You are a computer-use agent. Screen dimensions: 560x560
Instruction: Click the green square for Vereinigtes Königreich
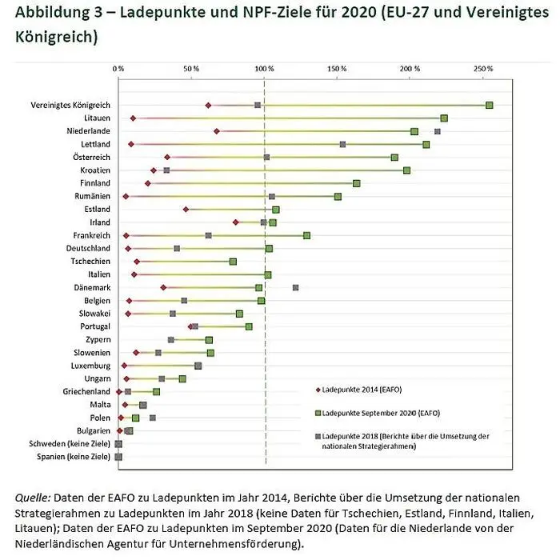[489, 105]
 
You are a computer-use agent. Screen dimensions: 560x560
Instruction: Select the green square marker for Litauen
[444, 118]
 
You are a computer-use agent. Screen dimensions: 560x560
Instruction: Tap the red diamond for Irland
[235, 222]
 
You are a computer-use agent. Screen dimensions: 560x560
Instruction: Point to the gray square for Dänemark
[296, 287]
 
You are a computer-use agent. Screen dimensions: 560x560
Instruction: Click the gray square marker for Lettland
[342, 144]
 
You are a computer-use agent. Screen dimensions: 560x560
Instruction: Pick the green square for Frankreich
[306, 235]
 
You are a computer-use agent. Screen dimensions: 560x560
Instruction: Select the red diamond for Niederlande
[217, 131]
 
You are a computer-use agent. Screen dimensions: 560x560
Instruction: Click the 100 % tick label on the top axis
[264, 70]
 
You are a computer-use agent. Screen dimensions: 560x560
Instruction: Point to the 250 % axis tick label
[483, 70]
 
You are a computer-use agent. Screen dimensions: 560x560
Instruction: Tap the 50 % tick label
[191, 70]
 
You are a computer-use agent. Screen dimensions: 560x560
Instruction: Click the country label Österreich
[90, 158]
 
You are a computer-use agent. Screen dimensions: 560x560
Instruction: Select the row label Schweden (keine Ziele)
[70, 444]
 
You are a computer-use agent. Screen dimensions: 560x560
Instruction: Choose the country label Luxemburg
[90, 366]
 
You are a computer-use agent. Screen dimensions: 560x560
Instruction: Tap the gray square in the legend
[318, 436]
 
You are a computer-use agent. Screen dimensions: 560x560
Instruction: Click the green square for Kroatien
[406, 170]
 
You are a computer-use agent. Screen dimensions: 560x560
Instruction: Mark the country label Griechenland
[86, 392]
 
